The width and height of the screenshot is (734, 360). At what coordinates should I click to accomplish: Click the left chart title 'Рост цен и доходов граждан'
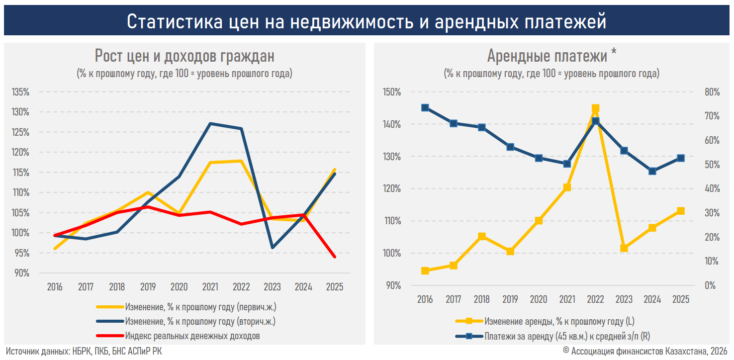(184, 56)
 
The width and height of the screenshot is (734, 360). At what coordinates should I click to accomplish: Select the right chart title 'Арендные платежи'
(547, 56)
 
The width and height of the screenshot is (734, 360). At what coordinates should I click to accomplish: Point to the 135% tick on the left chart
(20, 92)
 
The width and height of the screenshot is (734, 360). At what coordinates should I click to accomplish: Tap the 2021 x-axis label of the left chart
(210, 287)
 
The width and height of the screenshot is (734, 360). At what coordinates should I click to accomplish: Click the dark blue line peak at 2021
(210, 123)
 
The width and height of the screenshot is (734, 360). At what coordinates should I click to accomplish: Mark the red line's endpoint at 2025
(334, 257)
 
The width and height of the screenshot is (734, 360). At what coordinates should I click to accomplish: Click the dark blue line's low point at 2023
(273, 247)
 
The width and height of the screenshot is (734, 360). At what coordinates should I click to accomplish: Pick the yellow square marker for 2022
(595, 108)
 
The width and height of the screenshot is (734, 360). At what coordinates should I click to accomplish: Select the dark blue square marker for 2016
(425, 107)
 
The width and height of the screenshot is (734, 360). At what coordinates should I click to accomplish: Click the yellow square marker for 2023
(624, 248)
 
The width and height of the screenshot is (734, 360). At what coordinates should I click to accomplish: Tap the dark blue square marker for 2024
(652, 171)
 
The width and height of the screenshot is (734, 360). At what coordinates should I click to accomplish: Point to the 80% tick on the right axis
(712, 92)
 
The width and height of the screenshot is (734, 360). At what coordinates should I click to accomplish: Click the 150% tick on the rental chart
(392, 92)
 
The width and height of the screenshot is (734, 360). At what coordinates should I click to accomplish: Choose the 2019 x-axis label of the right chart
(510, 299)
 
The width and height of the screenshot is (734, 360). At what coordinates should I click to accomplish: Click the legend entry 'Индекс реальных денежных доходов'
(192, 336)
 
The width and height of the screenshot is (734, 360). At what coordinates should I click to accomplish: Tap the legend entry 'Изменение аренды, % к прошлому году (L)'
(559, 321)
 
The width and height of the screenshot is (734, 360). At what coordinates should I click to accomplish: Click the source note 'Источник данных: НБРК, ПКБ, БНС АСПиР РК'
(84, 352)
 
